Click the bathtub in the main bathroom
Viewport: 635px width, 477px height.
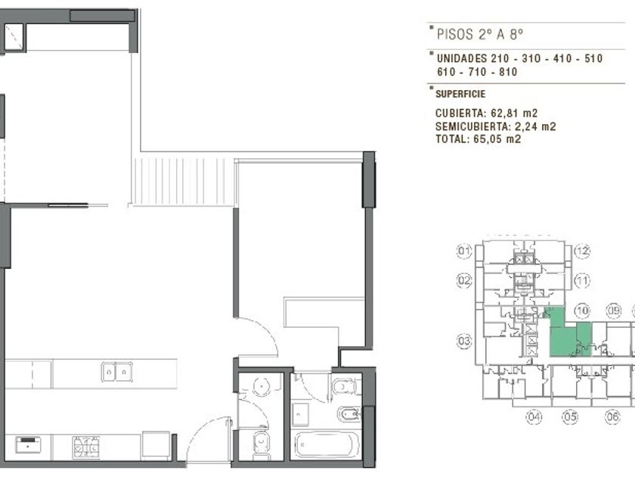327,445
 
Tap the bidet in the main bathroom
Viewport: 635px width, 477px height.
349,414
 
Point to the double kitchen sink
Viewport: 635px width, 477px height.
116,372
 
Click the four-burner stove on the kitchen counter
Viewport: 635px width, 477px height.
86,447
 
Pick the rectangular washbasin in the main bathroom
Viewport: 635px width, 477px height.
301,414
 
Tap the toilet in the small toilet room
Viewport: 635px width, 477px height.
262,445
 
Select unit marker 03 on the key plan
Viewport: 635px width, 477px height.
464,341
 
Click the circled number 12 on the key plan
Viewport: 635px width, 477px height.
582,251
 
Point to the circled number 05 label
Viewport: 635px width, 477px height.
570,416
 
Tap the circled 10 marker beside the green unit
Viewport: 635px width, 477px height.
582,311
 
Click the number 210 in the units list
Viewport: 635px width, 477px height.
500,58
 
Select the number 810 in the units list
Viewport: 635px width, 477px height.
508,72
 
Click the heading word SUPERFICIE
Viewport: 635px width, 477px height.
460,94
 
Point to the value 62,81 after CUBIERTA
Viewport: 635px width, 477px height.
503,113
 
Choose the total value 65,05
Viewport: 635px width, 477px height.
486,139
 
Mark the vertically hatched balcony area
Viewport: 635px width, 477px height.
183,181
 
